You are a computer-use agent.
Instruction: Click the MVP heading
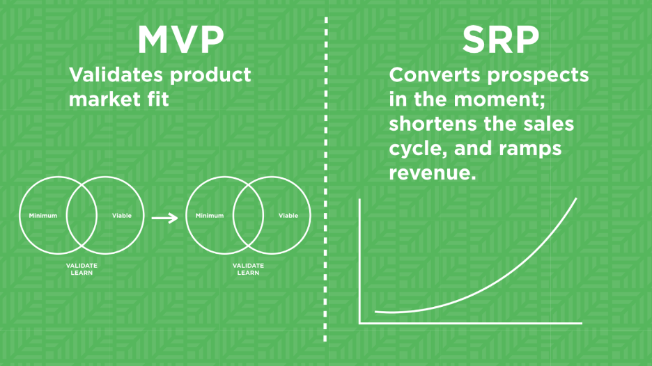coord(181,40)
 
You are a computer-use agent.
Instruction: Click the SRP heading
coord(501,40)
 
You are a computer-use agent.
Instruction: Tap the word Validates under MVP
coord(116,74)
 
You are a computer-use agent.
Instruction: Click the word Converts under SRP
coord(435,74)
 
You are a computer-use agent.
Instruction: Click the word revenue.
coord(433,173)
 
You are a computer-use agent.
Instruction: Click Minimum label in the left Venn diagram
coord(43,216)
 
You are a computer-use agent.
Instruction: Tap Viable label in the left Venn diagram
coord(122,216)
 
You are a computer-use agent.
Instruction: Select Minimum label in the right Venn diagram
coord(210,216)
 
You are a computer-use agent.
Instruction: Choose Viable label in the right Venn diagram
coord(288,216)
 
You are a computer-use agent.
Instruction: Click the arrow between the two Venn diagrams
coord(164,218)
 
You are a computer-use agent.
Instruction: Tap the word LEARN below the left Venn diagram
coord(81,273)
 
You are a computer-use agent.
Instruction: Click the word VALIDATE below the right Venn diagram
coord(248,266)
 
